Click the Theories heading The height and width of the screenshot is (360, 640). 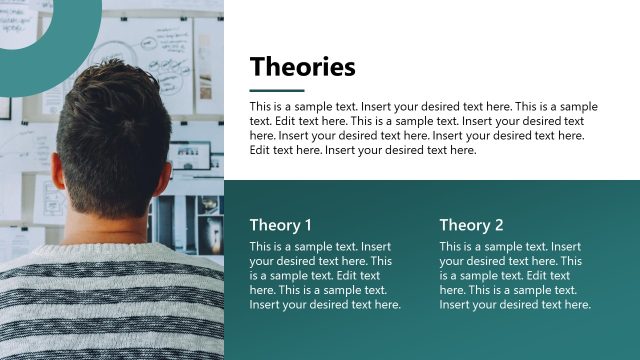click(302, 67)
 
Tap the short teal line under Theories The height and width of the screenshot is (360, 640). click(276, 90)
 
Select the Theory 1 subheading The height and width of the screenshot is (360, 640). click(281, 225)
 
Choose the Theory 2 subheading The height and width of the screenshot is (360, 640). click(471, 225)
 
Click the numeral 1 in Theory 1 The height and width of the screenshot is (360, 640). click(308, 225)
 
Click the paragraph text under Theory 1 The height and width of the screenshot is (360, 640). click(324, 275)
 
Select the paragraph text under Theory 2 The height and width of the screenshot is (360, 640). click(514, 275)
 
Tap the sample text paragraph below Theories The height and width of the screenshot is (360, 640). click(423, 128)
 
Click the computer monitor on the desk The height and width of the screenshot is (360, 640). click(190, 156)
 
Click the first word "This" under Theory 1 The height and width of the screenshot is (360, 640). click(261, 246)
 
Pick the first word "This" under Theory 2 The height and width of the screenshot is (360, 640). click(451, 246)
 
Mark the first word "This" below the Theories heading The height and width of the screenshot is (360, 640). click(261, 106)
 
